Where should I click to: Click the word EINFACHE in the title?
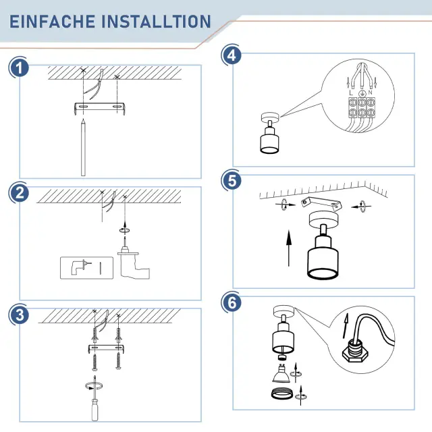[x=53, y=22]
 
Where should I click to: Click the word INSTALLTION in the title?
[x=156, y=22]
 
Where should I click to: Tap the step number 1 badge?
[x=19, y=68]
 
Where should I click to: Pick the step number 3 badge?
[x=19, y=315]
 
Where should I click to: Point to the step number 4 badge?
[x=232, y=55]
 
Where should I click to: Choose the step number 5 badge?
[x=232, y=181]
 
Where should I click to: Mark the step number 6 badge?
[x=232, y=302]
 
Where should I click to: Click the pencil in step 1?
[x=83, y=147]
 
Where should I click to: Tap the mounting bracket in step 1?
[x=100, y=107]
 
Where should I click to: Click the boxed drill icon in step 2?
[x=86, y=268]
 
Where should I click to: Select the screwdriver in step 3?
[x=94, y=398]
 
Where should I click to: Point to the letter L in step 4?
[x=351, y=93]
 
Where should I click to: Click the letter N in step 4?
[x=370, y=92]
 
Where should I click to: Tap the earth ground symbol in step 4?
[x=362, y=94]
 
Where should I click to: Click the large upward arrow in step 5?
[x=289, y=248]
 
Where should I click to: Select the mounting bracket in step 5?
[x=322, y=203]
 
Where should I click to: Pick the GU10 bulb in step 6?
[x=281, y=373]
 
